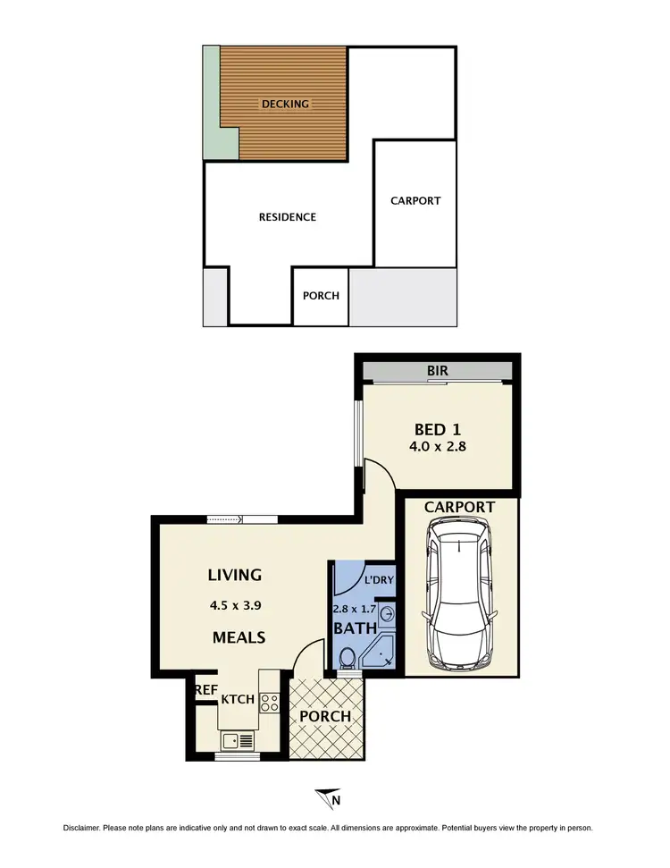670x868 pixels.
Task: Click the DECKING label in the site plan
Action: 285,104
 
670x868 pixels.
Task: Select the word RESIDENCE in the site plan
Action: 287,217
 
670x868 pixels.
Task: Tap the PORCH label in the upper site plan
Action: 321,296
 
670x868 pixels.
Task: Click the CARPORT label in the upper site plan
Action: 415,201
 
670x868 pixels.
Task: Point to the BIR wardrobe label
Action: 437,369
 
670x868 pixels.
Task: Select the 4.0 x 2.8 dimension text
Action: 437,448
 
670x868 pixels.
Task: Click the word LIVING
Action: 235,575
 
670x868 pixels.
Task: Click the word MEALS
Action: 239,637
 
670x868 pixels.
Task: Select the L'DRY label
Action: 380,581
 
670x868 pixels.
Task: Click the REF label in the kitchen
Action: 206,690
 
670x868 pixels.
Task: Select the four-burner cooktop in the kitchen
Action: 270,704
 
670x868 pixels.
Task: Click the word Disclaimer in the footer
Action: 86,828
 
